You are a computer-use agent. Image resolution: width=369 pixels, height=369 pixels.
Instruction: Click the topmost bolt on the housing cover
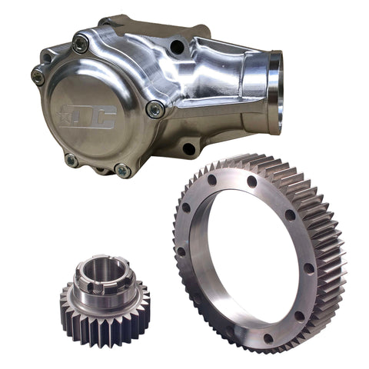point(79,45)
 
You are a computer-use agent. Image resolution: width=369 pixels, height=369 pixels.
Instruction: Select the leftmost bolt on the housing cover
point(38,75)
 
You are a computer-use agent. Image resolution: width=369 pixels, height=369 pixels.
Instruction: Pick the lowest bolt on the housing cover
point(121,170)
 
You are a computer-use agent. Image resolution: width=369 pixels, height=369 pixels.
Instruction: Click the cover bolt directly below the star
point(71,159)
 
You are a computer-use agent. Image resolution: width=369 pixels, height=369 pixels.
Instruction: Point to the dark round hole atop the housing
point(177,47)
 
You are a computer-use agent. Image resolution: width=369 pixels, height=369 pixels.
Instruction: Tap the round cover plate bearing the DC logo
point(96,115)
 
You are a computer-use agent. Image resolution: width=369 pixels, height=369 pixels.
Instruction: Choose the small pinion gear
point(104,300)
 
